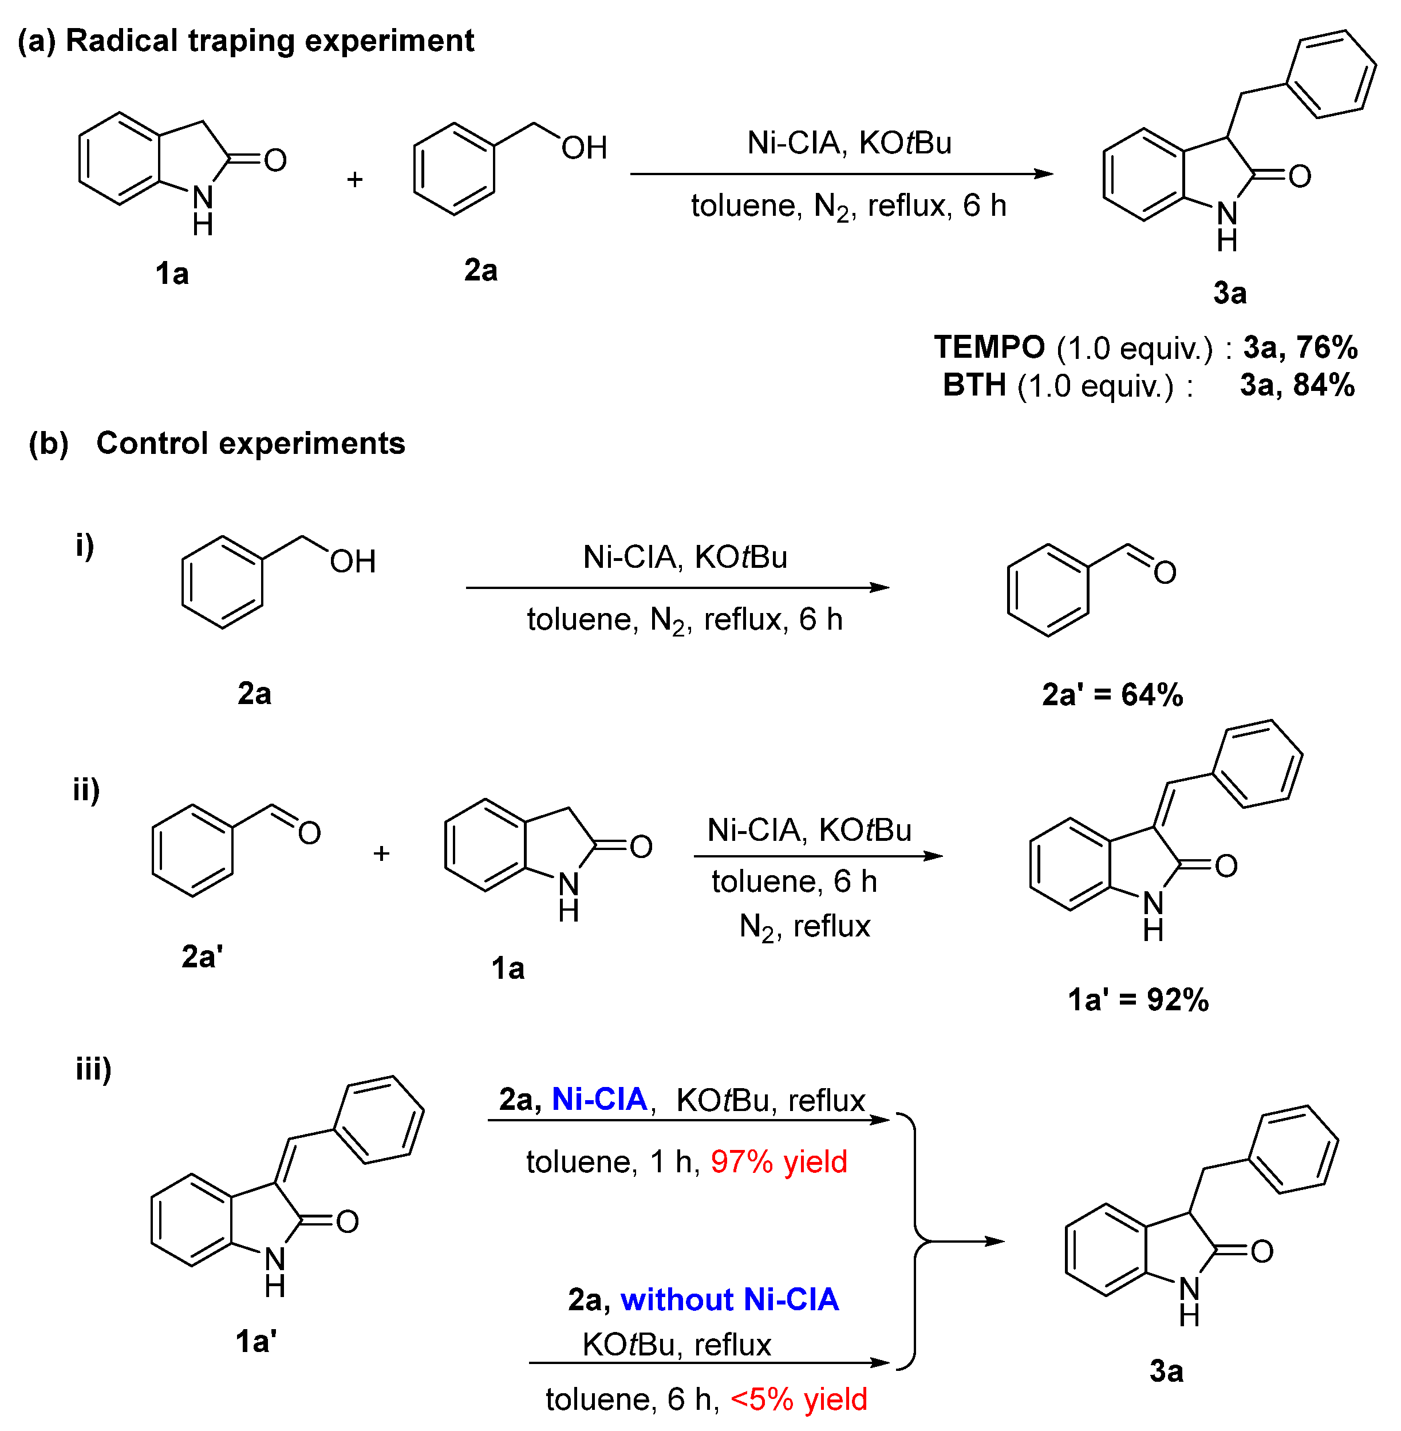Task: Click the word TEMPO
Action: click(989, 346)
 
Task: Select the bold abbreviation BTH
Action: click(974, 385)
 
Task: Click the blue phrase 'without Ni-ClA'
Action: click(729, 1299)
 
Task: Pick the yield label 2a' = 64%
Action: click(1112, 694)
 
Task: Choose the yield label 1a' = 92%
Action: click(1138, 999)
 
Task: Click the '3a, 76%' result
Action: click(1300, 346)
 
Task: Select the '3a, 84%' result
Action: click(1297, 385)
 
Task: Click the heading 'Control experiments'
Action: click(250, 443)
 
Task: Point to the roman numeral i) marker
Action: click(85, 545)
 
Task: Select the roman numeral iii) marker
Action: click(93, 1068)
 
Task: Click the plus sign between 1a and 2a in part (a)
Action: click(354, 179)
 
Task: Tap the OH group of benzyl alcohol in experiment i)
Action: click(353, 562)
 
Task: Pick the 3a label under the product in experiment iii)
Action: click(1166, 1371)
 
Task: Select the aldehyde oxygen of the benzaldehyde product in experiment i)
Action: click(1164, 572)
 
